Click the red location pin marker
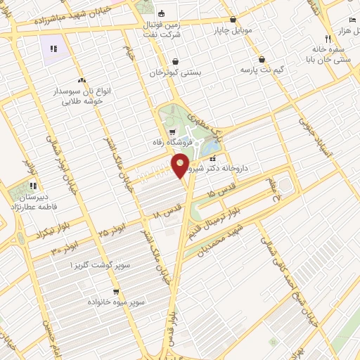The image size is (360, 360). point(181,165)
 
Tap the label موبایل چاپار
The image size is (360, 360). point(233,31)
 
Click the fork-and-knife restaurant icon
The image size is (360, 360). point(328,39)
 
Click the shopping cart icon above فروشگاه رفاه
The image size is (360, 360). point(172,131)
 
